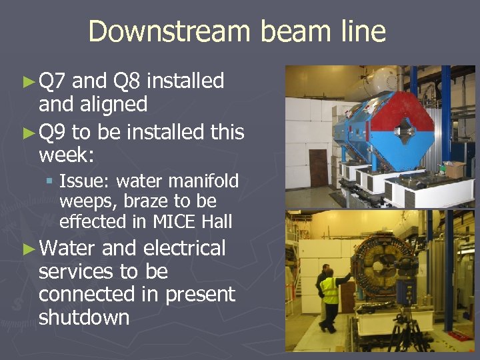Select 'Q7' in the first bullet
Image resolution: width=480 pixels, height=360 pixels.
(53, 81)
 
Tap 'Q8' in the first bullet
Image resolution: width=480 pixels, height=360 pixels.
(127, 81)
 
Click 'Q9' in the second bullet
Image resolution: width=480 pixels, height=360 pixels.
(53, 133)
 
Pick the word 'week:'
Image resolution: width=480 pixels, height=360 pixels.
(67, 155)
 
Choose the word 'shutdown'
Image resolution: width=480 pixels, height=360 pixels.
(84, 317)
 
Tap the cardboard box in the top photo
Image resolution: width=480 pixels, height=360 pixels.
(455, 169)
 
